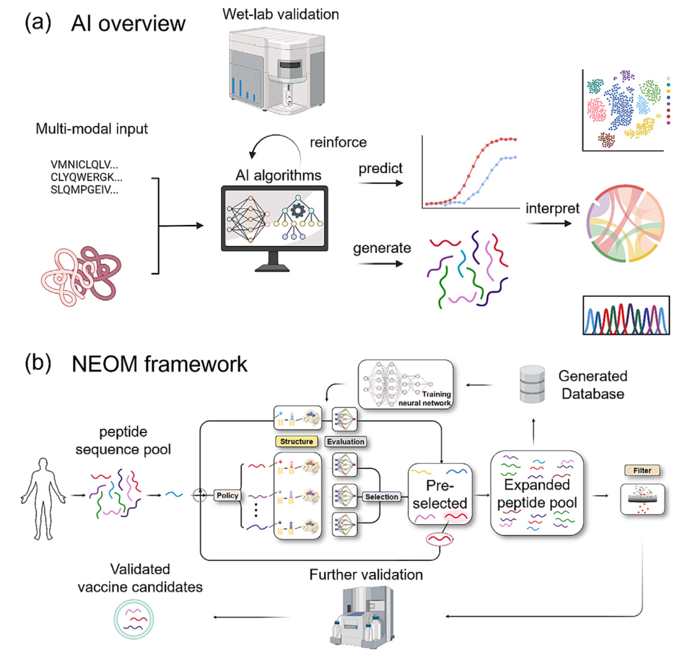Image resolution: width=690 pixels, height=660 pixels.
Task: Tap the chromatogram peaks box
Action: tap(626, 316)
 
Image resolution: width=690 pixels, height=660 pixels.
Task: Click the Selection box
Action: tap(381, 496)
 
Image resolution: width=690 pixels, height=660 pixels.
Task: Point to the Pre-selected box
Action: tap(440, 494)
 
